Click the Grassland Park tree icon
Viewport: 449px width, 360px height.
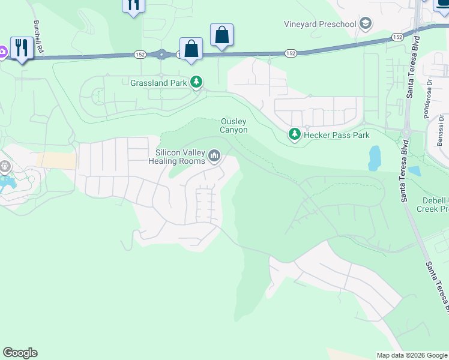pos(196,82)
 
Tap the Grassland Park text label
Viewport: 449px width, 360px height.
pos(159,82)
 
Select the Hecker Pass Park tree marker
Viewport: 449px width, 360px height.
pos(294,135)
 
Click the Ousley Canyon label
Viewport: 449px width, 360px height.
pos(234,125)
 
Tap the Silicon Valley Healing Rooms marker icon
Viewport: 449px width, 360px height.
pos(214,157)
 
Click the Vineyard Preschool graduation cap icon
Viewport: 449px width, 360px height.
pos(365,24)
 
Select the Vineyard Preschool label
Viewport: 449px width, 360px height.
pos(320,25)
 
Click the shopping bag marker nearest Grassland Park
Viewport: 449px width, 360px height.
pos(191,49)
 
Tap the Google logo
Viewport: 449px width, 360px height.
pos(20,353)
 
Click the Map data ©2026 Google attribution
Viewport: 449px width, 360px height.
pos(412,355)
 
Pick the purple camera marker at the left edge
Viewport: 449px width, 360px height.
pos(2,52)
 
